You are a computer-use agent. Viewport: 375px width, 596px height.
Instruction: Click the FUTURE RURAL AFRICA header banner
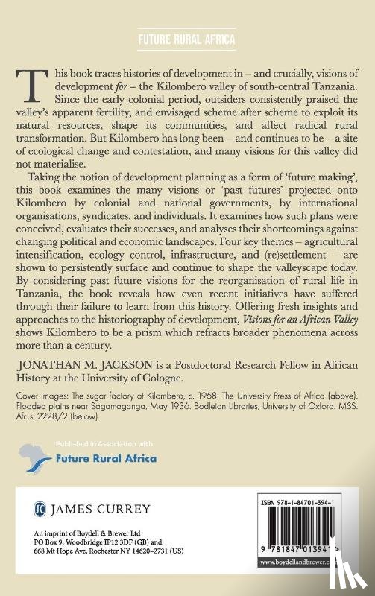pos(187,39)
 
